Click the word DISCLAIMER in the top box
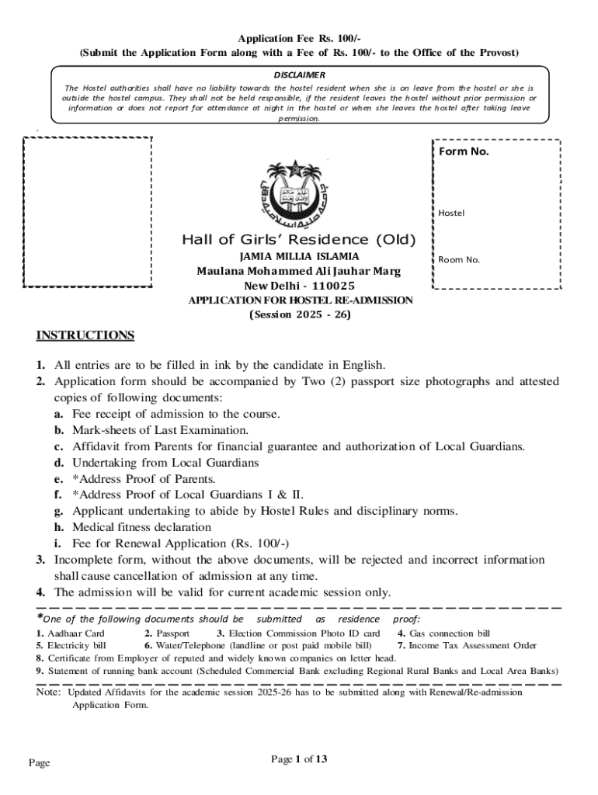click(x=299, y=75)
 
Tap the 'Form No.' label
click(x=464, y=152)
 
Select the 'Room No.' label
click(x=459, y=259)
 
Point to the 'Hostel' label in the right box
click(x=451, y=212)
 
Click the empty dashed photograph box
click(x=86, y=212)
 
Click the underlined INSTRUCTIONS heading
click(x=85, y=335)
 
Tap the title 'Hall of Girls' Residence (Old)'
click(x=299, y=239)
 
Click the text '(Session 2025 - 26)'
click(x=300, y=315)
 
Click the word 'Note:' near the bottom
click(x=48, y=692)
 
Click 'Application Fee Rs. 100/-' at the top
click(x=299, y=38)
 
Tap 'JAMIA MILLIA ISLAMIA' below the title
click(x=299, y=256)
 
